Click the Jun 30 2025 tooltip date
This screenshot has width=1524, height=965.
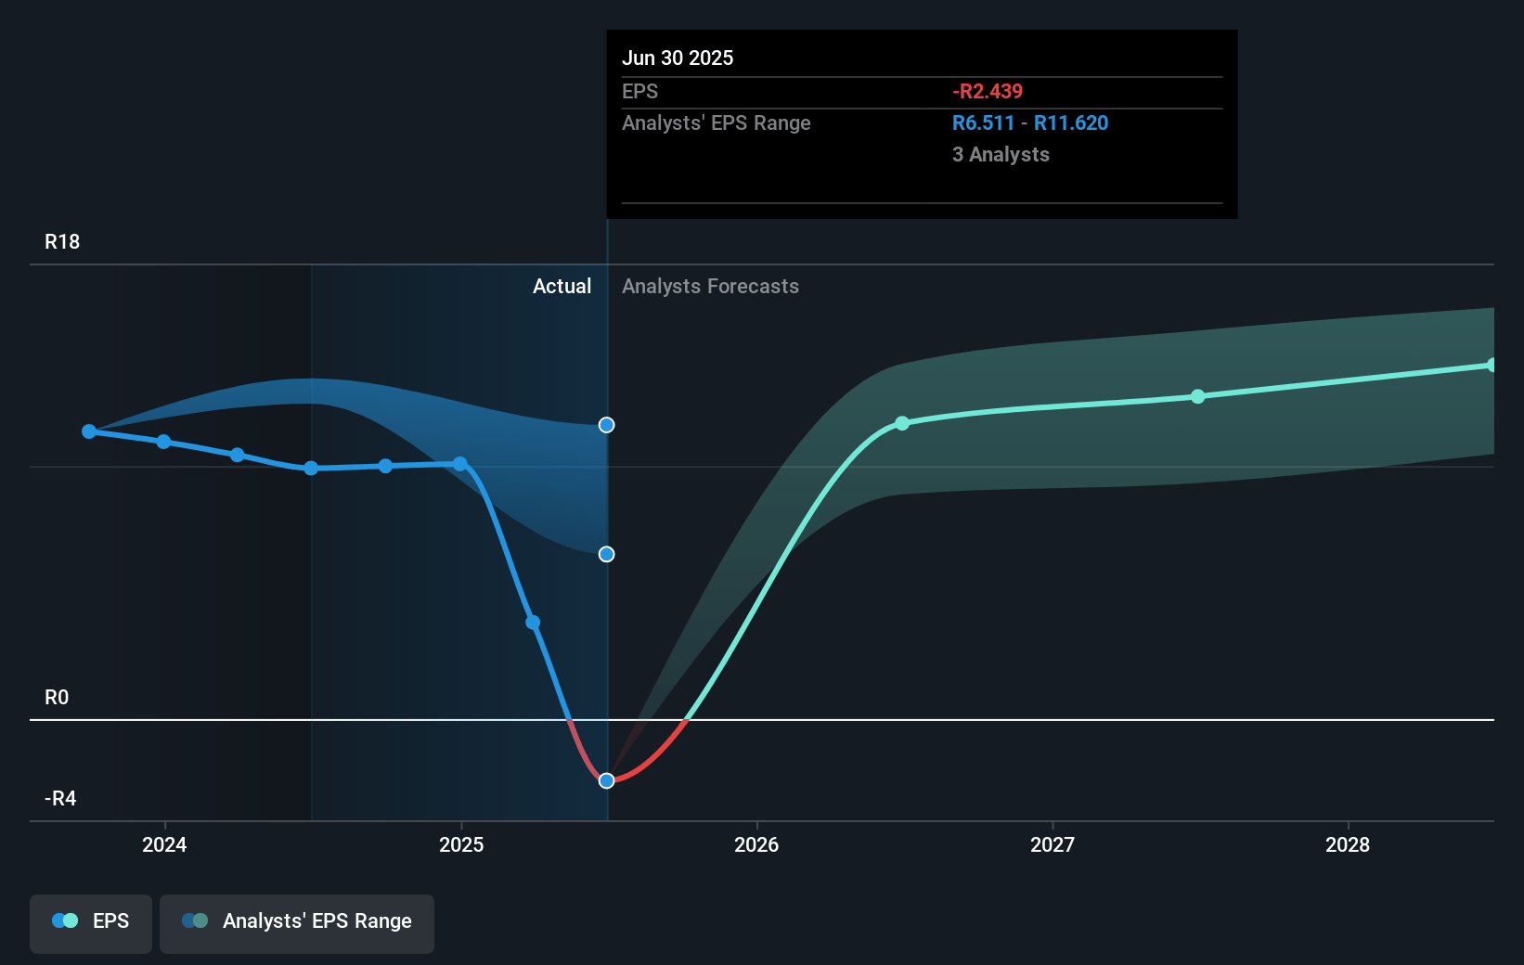[x=678, y=58]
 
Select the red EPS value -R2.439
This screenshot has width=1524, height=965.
[x=988, y=91]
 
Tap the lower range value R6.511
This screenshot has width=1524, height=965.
[x=983, y=122]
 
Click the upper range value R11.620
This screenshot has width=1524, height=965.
[x=1071, y=122]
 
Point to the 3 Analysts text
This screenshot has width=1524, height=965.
[x=1001, y=154]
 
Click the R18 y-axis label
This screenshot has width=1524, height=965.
[x=62, y=241]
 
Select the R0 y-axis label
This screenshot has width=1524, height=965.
[x=57, y=697]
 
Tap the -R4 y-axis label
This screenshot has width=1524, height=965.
[x=60, y=798]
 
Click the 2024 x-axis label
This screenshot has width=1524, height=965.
[x=164, y=844]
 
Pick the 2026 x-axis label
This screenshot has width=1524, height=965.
[x=756, y=844]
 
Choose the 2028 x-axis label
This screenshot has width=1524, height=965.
[x=1348, y=844]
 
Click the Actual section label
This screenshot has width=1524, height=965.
[x=562, y=286]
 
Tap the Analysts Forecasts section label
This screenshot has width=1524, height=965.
[x=710, y=286]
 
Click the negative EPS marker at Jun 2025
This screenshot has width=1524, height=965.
[x=607, y=780]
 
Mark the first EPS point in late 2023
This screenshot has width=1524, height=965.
[x=89, y=431]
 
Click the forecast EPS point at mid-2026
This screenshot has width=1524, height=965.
[x=902, y=423]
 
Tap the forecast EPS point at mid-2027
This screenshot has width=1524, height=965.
[x=1198, y=396]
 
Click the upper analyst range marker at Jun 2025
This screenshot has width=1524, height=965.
[x=607, y=425]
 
